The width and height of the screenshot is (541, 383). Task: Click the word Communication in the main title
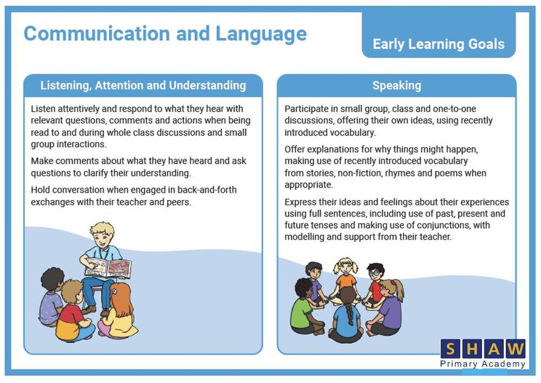tap(97, 34)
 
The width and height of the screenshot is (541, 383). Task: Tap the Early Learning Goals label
tap(438, 44)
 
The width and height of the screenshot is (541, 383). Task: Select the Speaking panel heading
tap(397, 86)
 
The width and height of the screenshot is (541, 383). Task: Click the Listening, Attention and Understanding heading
tap(143, 86)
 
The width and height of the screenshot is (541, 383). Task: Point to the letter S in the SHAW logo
tap(450, 349)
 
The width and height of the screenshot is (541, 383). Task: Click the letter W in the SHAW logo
tap(515, 349)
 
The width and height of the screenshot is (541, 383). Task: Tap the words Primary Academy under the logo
tap(483, 364)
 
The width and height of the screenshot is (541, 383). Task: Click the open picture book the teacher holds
tap(108, 267)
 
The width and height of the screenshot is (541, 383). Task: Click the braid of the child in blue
tap(350, 313)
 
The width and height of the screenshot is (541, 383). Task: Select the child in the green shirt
tap(305, 307)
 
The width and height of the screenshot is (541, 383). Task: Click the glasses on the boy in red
tap(375, 273)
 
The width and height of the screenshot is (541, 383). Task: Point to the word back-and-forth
tap(207, 190)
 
